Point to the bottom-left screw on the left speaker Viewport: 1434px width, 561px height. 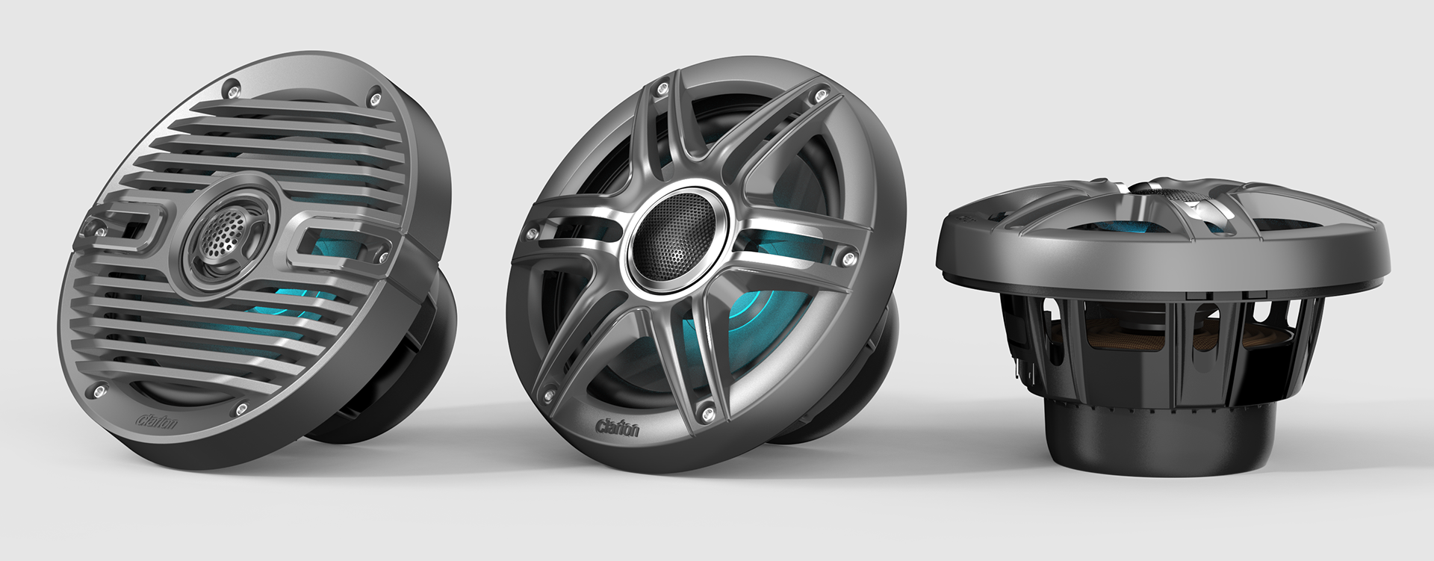coord(97,390)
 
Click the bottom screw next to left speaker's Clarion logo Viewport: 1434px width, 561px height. coord(241,408)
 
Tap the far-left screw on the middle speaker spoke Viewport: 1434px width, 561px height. coord(532,234)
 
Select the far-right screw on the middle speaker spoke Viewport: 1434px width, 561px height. coord(846,258)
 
